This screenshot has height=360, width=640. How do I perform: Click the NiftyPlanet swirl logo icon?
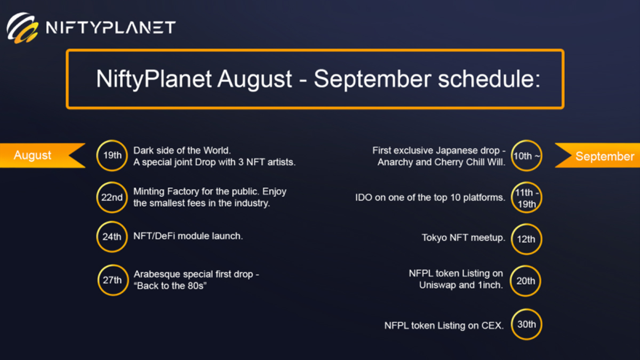(x=22, y=28)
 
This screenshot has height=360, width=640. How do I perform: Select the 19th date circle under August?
(x=112, y=156)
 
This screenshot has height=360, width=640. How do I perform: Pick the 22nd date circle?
(x=112, y=197)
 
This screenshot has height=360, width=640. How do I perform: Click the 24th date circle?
(x=112, y=237)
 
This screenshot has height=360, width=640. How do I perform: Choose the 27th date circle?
(x=113, y=280)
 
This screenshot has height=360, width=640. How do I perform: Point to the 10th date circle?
(x=526, y=156)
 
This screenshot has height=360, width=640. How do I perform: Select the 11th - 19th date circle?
(x=526, y=198)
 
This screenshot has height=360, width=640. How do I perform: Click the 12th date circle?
(x=526, y=239)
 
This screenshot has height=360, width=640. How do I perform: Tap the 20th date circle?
(x=526, y=281)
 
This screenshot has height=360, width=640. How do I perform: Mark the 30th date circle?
(x=526, y=324)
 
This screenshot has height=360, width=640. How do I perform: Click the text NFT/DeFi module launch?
(x=188, y=236)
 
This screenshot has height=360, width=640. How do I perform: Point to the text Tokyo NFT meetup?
(x=463, y=238)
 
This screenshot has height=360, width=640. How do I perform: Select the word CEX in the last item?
(x=492, y=326)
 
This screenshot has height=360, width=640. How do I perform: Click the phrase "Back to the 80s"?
(x=170, y=286)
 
